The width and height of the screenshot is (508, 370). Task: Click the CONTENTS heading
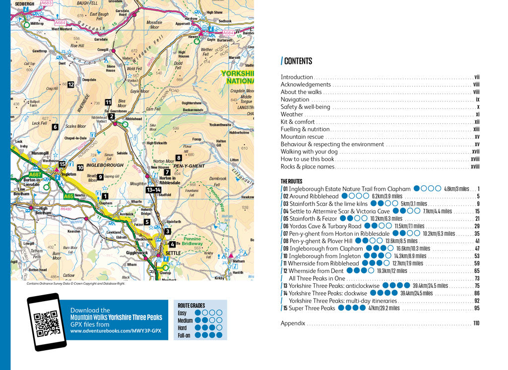coord(298,61)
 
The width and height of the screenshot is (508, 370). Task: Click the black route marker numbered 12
coord(71,85)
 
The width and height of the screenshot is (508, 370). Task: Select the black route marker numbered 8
coord(178,158)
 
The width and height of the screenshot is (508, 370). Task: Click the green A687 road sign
coord(35,174)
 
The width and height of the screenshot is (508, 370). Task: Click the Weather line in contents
coord(292,114)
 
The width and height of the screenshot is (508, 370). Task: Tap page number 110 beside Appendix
coord(476,323)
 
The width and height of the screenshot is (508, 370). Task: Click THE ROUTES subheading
coord(292,181)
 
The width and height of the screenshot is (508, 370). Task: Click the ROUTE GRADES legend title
coord(191,306)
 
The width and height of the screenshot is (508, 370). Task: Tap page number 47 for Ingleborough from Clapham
coord(477,249)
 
